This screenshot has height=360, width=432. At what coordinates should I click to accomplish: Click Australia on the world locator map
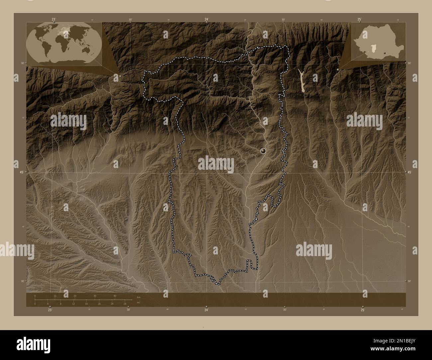[89, 49]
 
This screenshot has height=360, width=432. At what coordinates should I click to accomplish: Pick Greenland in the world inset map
[49, 27]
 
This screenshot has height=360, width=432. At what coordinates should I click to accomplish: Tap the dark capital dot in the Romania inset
[384, 53]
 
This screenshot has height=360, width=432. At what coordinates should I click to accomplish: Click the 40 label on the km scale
[115, 296]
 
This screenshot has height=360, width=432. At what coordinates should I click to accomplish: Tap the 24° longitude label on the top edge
[207, 20]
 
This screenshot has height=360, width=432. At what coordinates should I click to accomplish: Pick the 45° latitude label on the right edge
[409, 172]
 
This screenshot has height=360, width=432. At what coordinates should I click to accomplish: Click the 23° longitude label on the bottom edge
[50, 310]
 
